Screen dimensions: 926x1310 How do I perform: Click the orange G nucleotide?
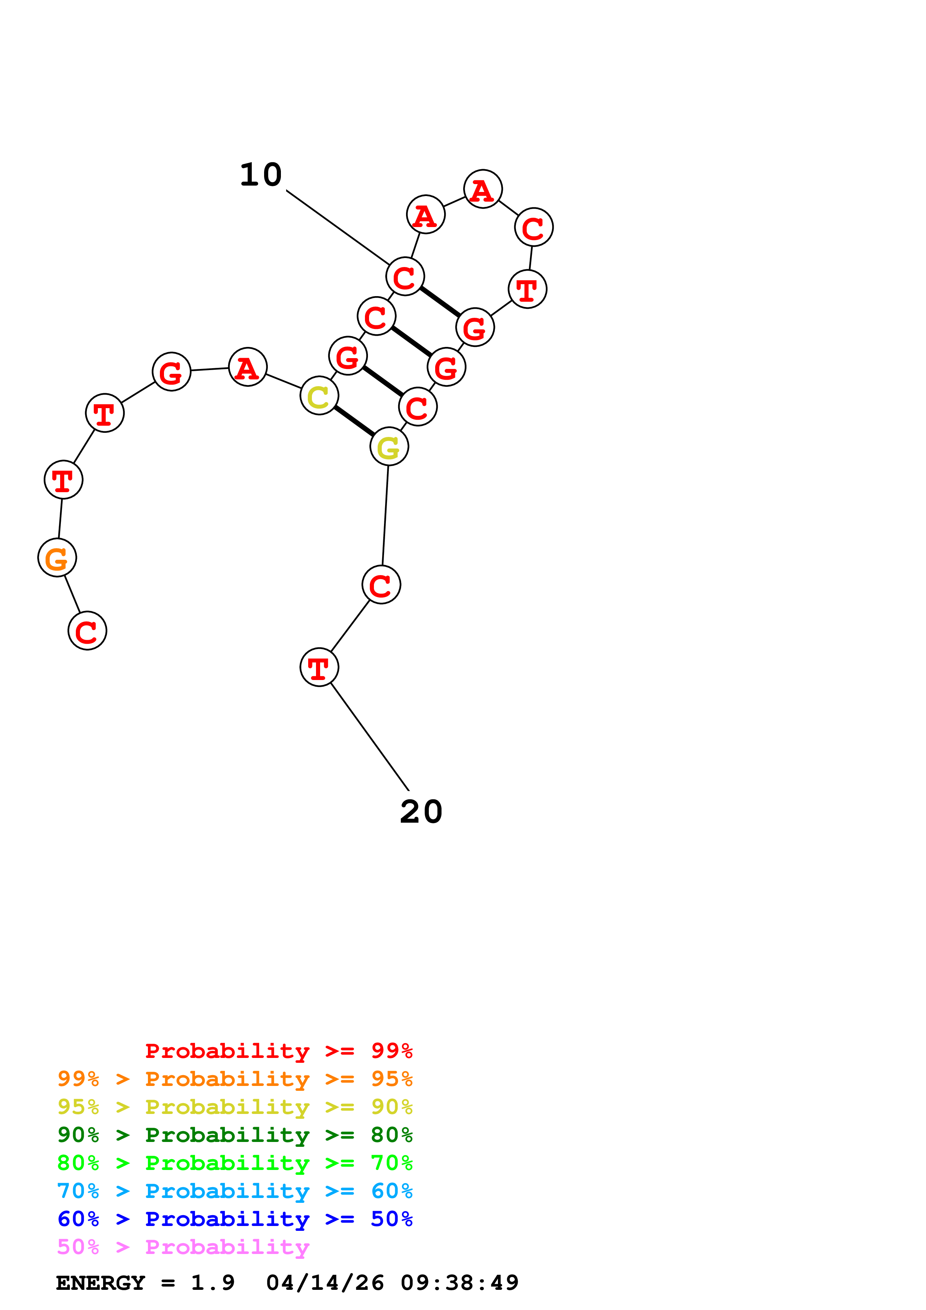pos(57,558)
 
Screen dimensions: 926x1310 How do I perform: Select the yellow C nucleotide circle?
pos(319,395)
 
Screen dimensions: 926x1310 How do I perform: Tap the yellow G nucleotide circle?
pos(389,447)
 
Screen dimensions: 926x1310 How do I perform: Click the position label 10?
pos(261,175)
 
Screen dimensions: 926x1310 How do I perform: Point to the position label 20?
pos(421,812)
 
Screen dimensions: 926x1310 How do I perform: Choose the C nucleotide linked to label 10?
pos(405,277)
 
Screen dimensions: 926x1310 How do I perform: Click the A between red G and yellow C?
pos(248,367)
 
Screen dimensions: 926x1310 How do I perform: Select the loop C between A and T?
pos(533,227)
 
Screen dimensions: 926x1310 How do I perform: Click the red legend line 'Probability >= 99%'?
pos(278,1051)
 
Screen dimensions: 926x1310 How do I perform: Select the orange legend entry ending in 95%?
pos(235,1079)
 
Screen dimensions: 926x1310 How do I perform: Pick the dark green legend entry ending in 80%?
pos(235,1135)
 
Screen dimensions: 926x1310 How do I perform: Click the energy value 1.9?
pos(212,1283)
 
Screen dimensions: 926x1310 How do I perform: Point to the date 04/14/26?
pos(325,1283)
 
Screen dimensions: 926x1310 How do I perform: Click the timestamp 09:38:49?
pos(459,1283)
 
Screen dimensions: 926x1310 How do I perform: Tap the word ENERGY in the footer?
pos(100,1283)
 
